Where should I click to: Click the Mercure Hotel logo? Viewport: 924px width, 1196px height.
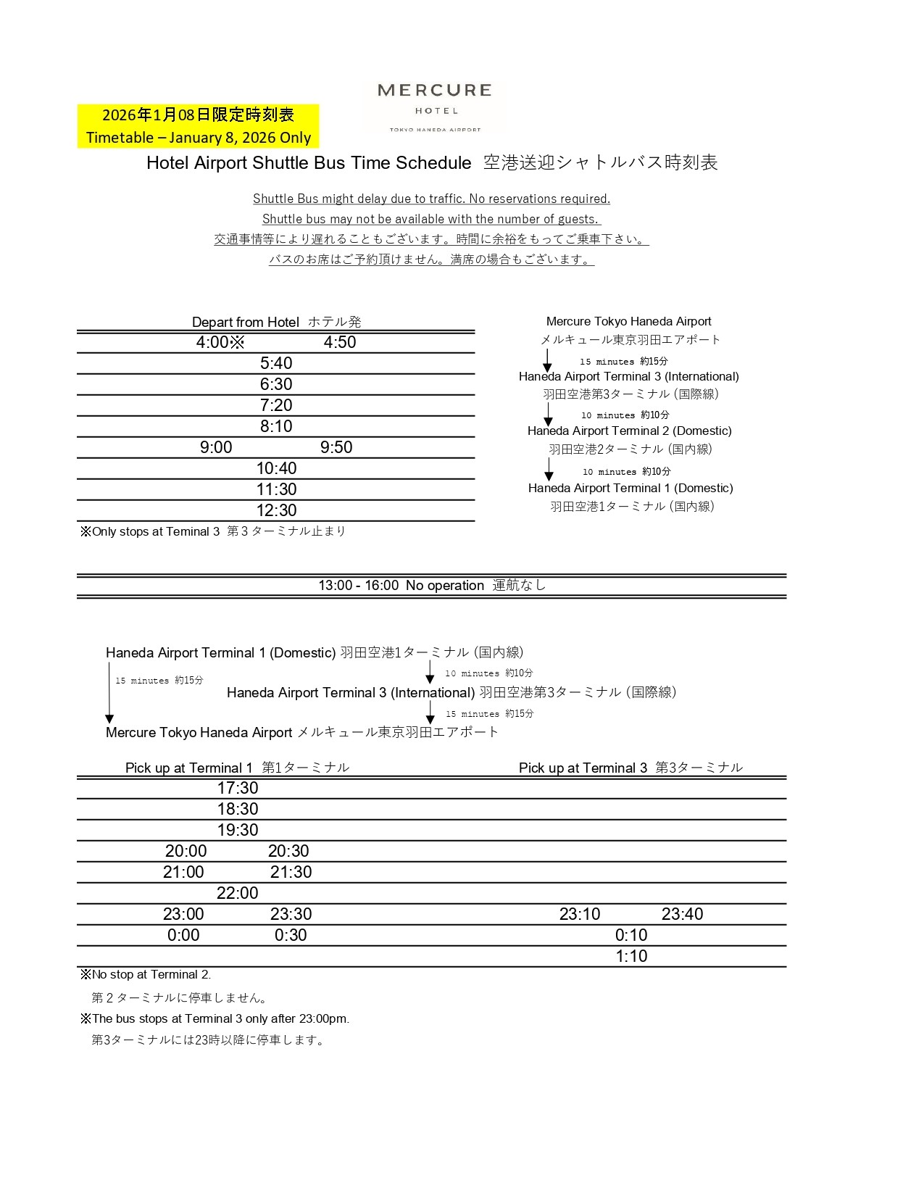pyautogui.click(x=434, y=106)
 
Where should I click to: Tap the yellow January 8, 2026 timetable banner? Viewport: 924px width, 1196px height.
pyautogui.click(x=198, y=126)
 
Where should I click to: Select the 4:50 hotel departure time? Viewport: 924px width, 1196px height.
pyautogui.click(x=340, y=343)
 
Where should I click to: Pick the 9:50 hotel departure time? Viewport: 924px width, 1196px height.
pyautogui.click(x=336, y=447)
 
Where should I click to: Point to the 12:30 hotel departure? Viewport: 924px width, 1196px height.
pyautogui.click(x=276, y=510)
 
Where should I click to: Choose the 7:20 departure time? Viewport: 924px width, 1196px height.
pyautogui.click(x=276, y=405)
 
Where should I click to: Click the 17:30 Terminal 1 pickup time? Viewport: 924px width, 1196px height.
pyautogui.click(x=238, y=789)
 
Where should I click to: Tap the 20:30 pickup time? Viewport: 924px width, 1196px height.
pyautogui.click(x=288, y=852)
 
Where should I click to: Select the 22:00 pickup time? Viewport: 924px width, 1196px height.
pyautogui.click(x=238, y=894)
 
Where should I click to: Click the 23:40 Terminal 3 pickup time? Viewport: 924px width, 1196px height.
pyautogui.click(x=682, y=915)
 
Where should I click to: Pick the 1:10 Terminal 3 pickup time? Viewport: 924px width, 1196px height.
pyautogui.click(x=631, y=957)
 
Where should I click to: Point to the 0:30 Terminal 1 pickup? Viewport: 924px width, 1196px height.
pyautogui.click(x=291, y=936)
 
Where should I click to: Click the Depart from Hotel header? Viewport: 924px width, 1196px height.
pyautogui.click(x=276, y=322)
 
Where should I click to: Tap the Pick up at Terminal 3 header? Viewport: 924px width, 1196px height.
pyautogui.click(x=630, y=768)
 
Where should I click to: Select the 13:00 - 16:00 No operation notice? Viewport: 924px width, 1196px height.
pyautogui.click(x=432, y=586)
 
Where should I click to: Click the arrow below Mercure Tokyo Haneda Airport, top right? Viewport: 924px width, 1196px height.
pyautogui.click(x=547, y=360)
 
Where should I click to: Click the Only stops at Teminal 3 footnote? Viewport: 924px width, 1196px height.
pyautogui.click(x=213, y=531)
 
